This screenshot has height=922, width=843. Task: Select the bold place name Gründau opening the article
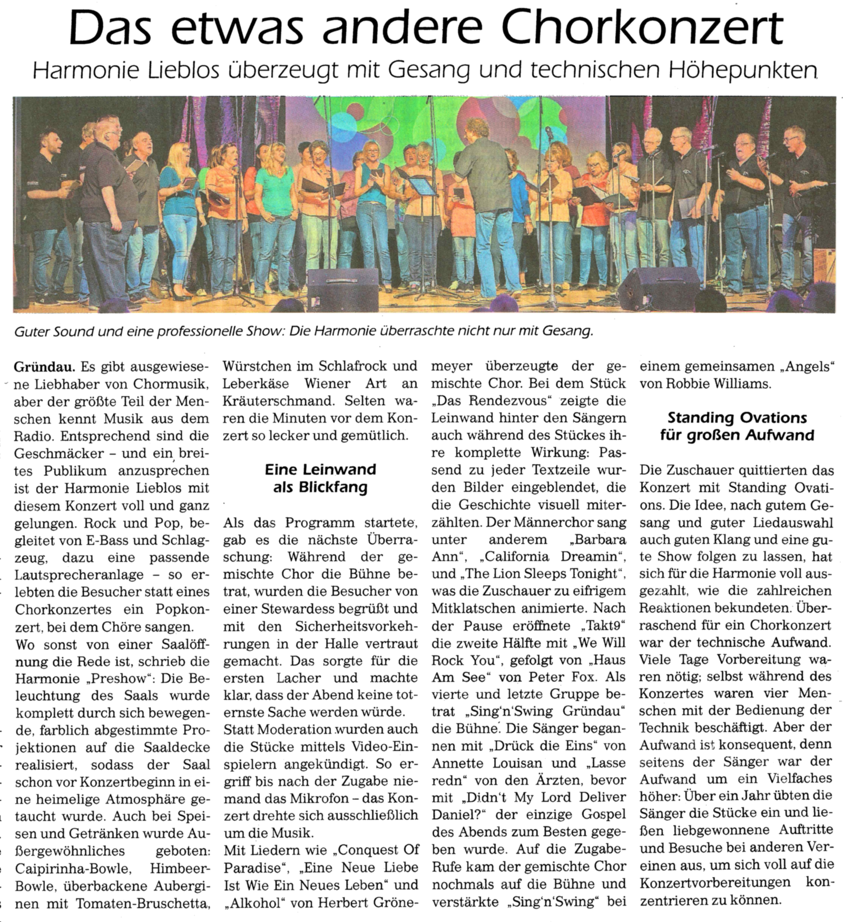point(45,366)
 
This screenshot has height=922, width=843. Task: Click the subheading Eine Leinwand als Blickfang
point(320,478)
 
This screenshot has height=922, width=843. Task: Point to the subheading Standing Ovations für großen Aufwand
point(737,426)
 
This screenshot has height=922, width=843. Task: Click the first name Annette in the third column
point(457,764)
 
